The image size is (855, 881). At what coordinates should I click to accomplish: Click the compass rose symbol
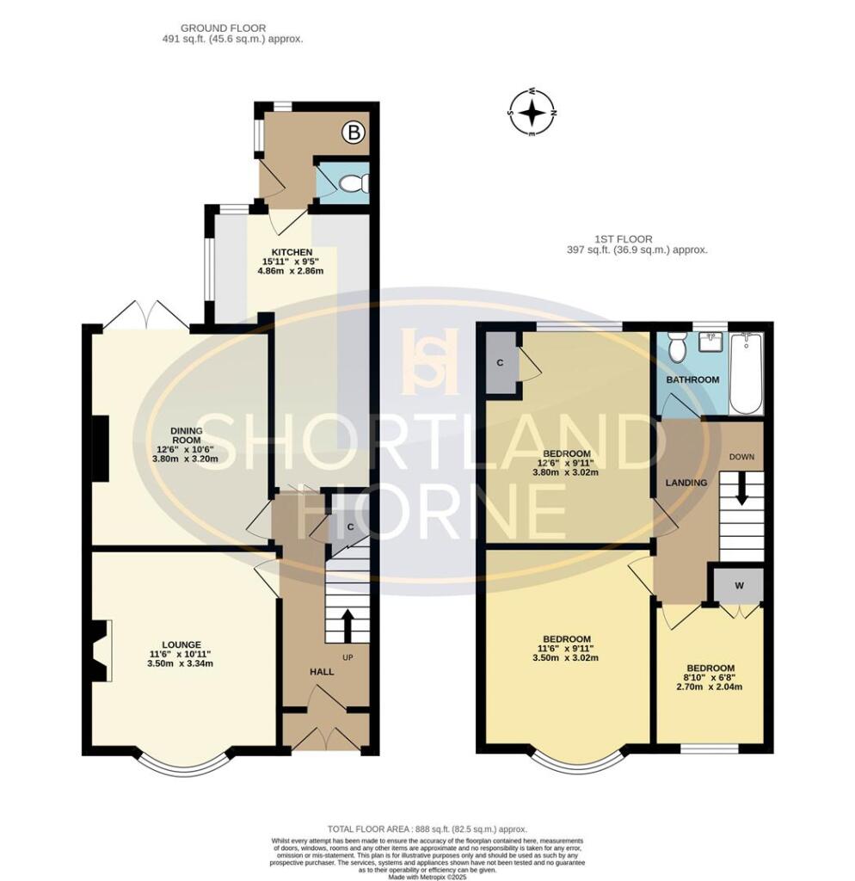(532, 113)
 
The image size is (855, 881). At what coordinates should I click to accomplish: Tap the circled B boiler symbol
(353, 132)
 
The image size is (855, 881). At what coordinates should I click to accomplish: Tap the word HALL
(323, 671)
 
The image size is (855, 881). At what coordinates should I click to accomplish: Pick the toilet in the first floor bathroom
(677, 347)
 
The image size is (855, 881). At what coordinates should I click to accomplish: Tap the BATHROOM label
(692, 379)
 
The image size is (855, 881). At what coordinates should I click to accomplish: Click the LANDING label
(686, 483)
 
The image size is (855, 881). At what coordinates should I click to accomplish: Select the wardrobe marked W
(737, 587)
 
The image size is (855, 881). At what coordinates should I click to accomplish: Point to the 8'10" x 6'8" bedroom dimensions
(710, 681)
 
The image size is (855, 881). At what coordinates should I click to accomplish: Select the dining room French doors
(146, 316)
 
